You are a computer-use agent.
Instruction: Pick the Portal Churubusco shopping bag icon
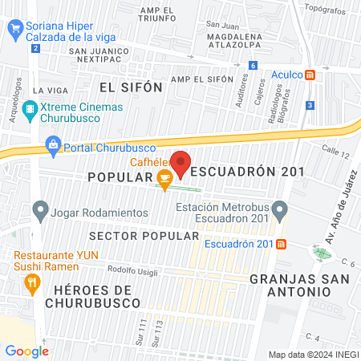tap(53, 145)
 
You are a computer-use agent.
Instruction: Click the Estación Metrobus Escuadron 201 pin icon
tap(279, 212)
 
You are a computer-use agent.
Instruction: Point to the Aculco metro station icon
tap(318, 74)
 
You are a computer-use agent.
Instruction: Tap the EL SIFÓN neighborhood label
tap(131, 87)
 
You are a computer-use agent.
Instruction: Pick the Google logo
tap(26, 351)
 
